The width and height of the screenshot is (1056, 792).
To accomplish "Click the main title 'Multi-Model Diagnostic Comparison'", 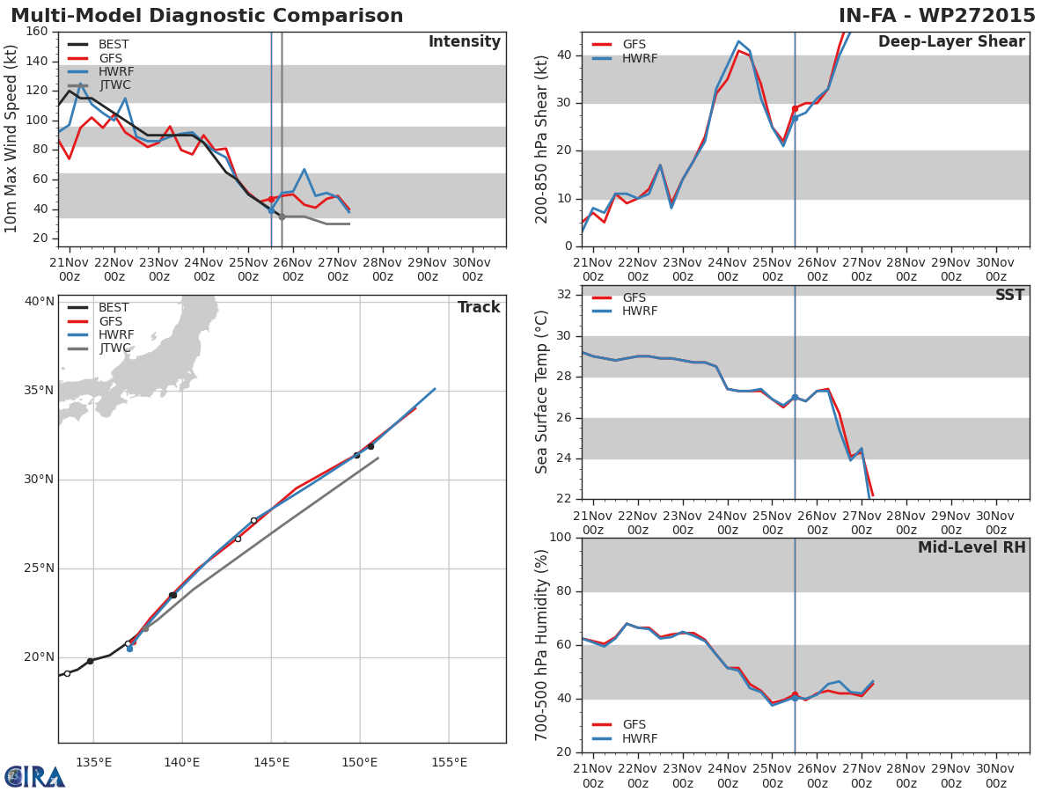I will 207,16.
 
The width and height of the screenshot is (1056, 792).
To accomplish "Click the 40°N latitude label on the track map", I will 39,302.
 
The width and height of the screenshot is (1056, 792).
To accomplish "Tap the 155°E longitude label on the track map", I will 449,762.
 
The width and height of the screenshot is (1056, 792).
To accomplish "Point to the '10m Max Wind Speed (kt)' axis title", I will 11,139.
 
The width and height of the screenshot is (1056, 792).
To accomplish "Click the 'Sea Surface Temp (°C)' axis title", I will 542,392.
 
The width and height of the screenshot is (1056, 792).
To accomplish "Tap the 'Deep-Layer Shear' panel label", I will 951,42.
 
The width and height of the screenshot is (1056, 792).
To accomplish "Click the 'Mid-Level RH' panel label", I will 972,548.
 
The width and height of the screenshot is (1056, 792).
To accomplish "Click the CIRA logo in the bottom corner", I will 35,777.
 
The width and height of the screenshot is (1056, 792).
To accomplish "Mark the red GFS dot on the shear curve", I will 795,108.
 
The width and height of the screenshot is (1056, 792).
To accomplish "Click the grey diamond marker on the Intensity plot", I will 282,216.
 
